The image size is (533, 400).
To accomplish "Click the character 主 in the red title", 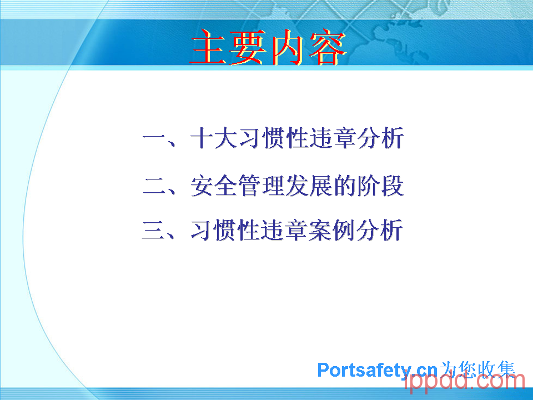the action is [208, 47].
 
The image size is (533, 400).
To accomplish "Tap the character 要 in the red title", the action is [248, 47].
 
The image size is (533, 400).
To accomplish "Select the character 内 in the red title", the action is [287, 47].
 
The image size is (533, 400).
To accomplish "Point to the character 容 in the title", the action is [327, 47].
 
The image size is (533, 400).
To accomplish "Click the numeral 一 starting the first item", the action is [154, 138].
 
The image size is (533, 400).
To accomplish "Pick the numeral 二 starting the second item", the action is [155, 186].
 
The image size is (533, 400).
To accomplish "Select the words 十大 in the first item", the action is [213, 138].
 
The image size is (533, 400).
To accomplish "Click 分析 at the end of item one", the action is [380, 138].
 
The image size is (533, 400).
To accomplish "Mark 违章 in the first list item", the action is [333, 138].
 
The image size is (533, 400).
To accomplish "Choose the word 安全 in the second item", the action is [213, 186].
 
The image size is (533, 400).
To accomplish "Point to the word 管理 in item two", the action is [261, 186].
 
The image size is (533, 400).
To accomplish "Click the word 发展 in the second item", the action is [309, 186].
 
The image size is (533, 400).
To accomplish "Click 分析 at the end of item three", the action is [379, 230].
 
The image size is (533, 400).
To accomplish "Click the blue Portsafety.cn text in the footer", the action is [378, 371].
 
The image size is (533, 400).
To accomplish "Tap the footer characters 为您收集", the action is [477, 370].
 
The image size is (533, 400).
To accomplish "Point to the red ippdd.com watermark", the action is [464, 382].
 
